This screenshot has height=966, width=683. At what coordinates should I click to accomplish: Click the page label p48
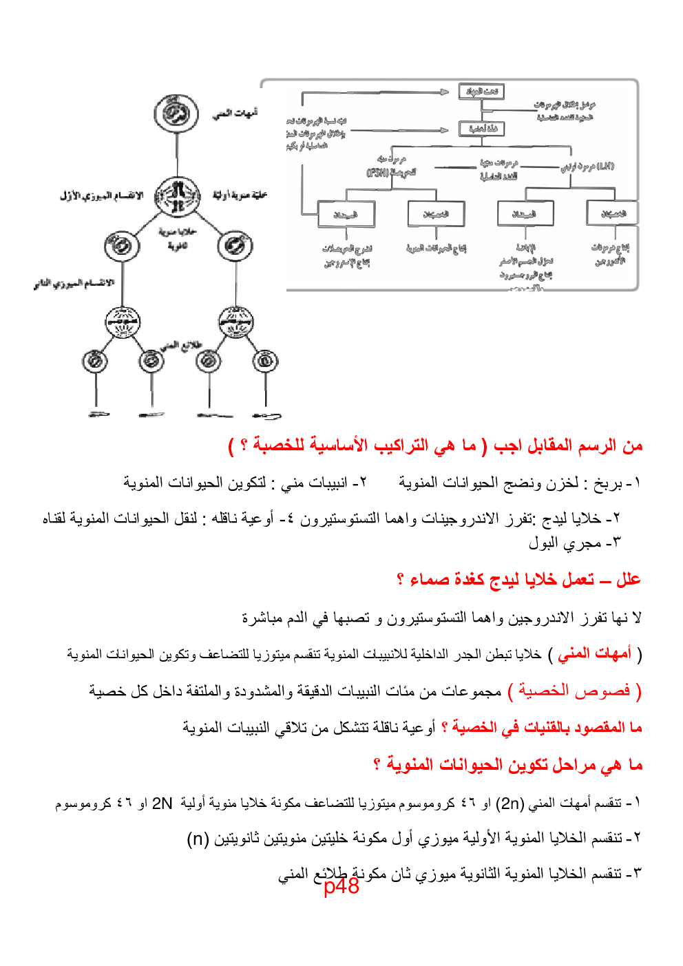pyautogui.click(x=341, y=885)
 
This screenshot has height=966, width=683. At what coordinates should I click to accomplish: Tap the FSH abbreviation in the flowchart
pyautogui.click(x=378, y=172)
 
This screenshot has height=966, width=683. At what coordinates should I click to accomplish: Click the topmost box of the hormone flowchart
pyautogui.click(x=481, y=92)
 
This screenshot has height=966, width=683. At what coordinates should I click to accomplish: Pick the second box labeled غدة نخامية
pyautogui.click(x=481, y=129)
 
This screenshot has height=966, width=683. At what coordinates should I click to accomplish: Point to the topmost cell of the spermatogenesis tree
pyautogui.click(x=176, y=114)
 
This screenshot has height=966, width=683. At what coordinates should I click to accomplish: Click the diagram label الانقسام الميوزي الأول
pyautogui.click(x=101, y=196)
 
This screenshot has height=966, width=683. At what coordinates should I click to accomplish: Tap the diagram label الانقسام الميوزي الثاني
pyautogui.click(x=74, y=283)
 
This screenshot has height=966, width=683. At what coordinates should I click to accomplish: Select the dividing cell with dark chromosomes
pyautogui.click(x=177, y=196)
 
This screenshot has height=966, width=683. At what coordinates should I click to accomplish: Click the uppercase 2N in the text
pyautogui.click(x=162, y=803)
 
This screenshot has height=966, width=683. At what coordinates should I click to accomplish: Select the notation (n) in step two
pyautogui.click(x=198, y=839)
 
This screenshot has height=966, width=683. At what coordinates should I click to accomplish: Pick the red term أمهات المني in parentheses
pyautogui.click(x=595, y=653)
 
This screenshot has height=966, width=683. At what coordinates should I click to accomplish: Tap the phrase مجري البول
pyautogui.click(x=565, y=543)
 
